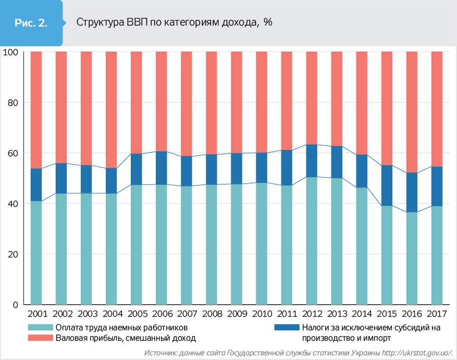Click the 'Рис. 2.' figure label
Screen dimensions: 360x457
(31, 23)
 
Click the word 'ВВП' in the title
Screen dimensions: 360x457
(137, 22)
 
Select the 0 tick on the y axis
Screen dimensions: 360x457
(15, 305)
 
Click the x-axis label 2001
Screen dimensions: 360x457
(36, 315)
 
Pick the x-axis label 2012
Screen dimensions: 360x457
(312, 315)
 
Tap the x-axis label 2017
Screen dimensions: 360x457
(437, 315)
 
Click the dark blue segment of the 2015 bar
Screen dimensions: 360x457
(387, 185)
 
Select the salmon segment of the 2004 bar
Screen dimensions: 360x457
(112, 109)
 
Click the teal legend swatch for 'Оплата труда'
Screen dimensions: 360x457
(41, 327)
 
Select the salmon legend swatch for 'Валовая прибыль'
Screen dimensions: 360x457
(41, 338)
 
